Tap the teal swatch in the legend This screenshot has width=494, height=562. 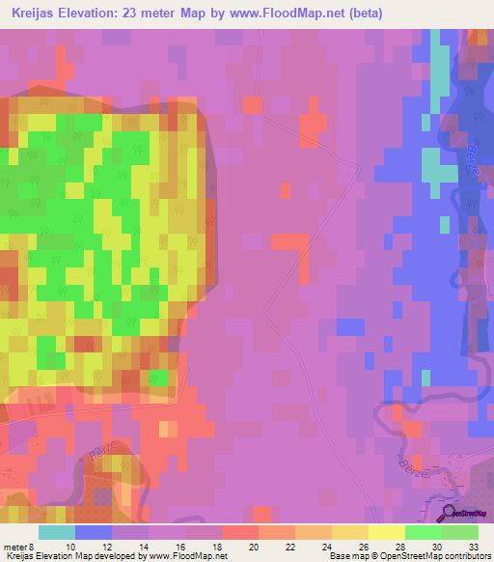coord(57,532)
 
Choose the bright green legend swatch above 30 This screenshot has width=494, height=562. coord(424,532)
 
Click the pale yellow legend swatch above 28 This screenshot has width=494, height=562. coord(387,532)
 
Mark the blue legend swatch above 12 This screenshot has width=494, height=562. coord(94,532)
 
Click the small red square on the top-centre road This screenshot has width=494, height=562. coord(252,103)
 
